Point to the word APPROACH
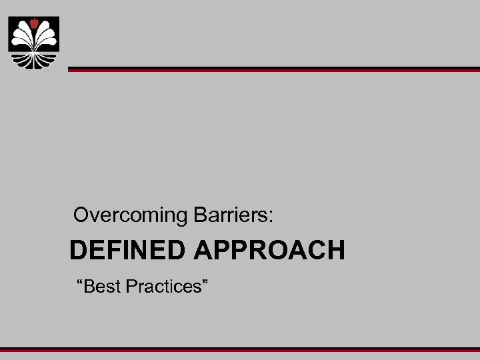point(270,251)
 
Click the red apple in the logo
point(33,23)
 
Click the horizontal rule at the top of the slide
point(273,69)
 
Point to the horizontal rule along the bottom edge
point(240,349)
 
